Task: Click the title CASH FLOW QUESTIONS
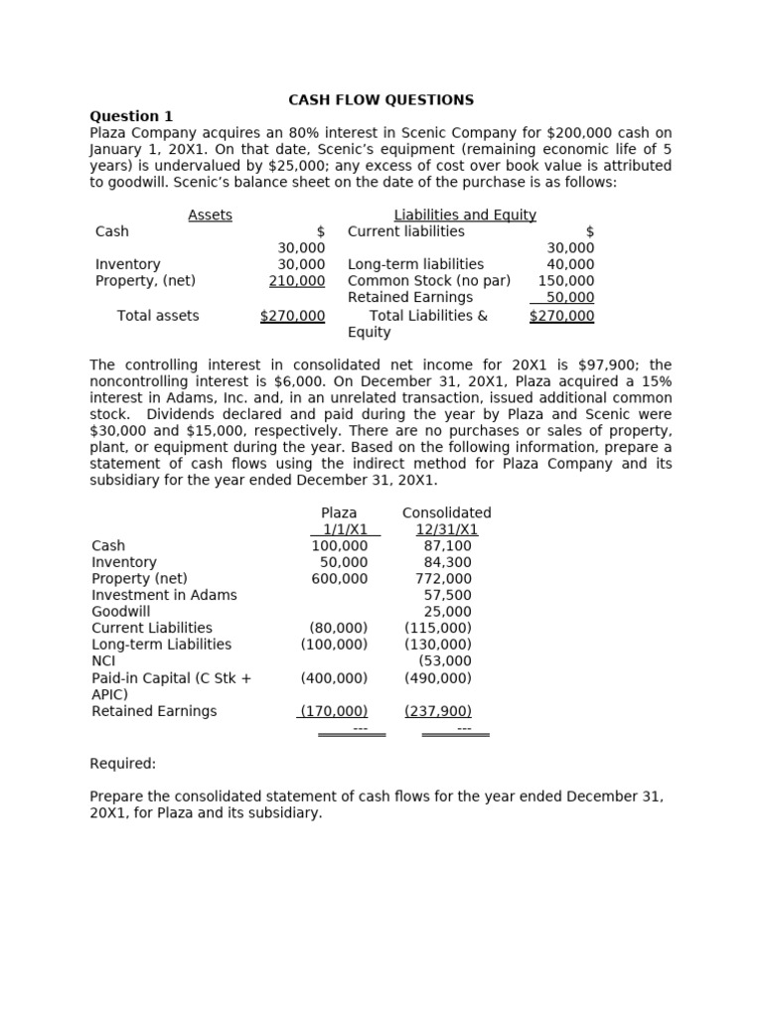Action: point(381,100)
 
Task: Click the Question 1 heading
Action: point(131,116)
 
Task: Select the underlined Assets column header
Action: point(210,215)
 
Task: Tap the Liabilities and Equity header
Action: point(465,215)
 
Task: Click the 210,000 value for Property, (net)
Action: point(297,281)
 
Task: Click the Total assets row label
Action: point(158,316)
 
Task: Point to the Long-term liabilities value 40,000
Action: point(570,264)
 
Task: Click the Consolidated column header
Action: point(446,512)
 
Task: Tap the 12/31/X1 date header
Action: point(446,529)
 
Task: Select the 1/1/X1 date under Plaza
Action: point(339,529)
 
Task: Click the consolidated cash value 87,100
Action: point(447,546)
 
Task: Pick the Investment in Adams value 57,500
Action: point(447,595)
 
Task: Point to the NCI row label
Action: point(103,660)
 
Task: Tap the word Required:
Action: point(123,764)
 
